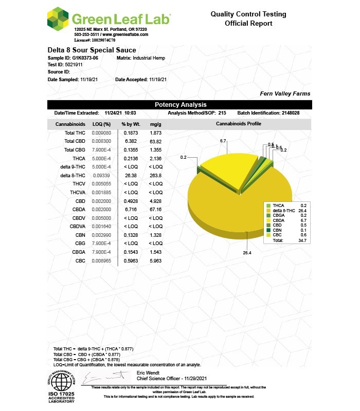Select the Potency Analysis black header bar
click(x=180, y=105)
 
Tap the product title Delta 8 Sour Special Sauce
click(x=92, y=50)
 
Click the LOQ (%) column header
click(x=100, y=124)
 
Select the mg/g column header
click(x=156, y=124)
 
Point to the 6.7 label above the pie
click(x=223, y=140)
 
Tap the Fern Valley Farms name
click(x=285, y=94)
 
